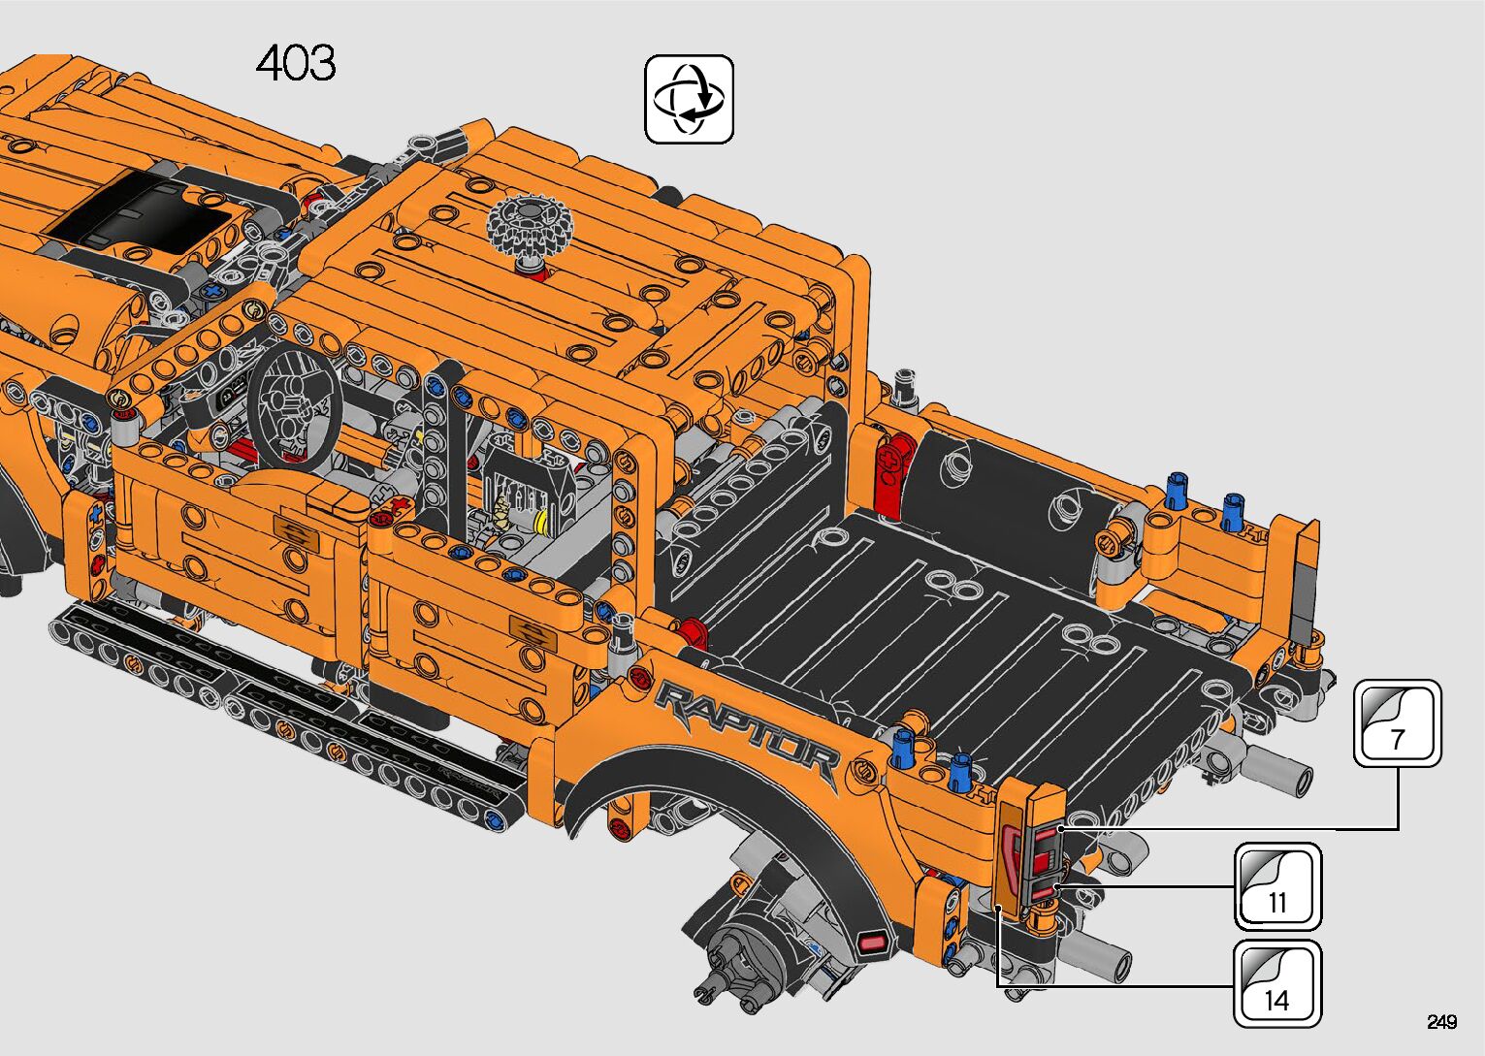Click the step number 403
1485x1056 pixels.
click(x=296, y=64)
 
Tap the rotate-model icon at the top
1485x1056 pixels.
click(x=689, y=99)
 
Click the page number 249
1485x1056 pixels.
click(x=1442, y=1021)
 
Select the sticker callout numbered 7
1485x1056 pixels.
click(x=1398, y=723)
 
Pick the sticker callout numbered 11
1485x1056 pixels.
click(x=1277, y=886)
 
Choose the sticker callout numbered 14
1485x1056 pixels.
click(x=1277, y=983)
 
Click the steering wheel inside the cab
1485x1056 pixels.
click(x=296, y=405)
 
